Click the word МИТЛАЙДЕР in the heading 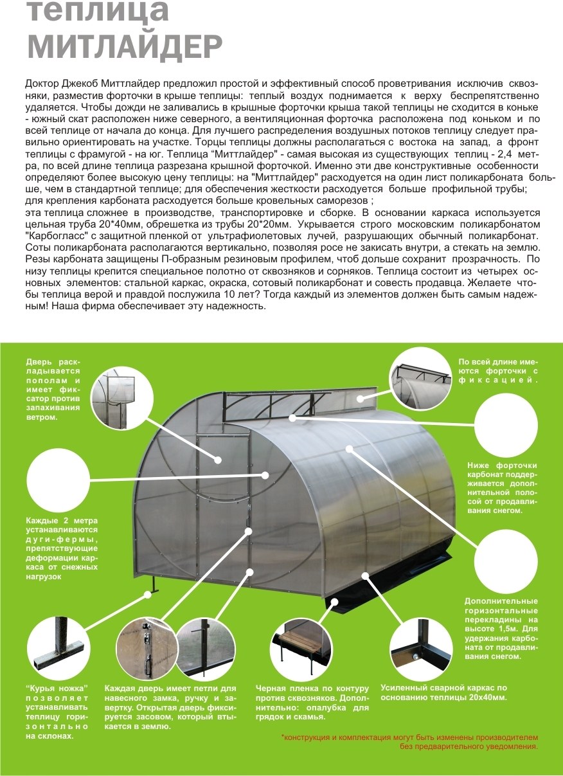pos(125,46)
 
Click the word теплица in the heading pos(98,11)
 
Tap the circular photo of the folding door pos(122,397)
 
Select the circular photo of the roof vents pos(420,379)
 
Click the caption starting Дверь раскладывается pos(53,390)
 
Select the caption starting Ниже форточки pos(503,488)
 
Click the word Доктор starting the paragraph pos(42,84)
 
